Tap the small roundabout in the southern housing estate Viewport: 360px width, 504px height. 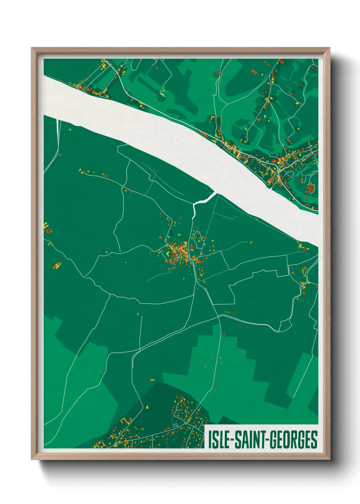coord(176,426)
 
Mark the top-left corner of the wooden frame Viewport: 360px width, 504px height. coord(32,48)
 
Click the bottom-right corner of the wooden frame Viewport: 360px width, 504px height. coord(329,459)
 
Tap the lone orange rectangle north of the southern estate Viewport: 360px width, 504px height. coord(152,380)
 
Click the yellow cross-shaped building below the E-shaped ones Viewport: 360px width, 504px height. coord(57,265)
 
